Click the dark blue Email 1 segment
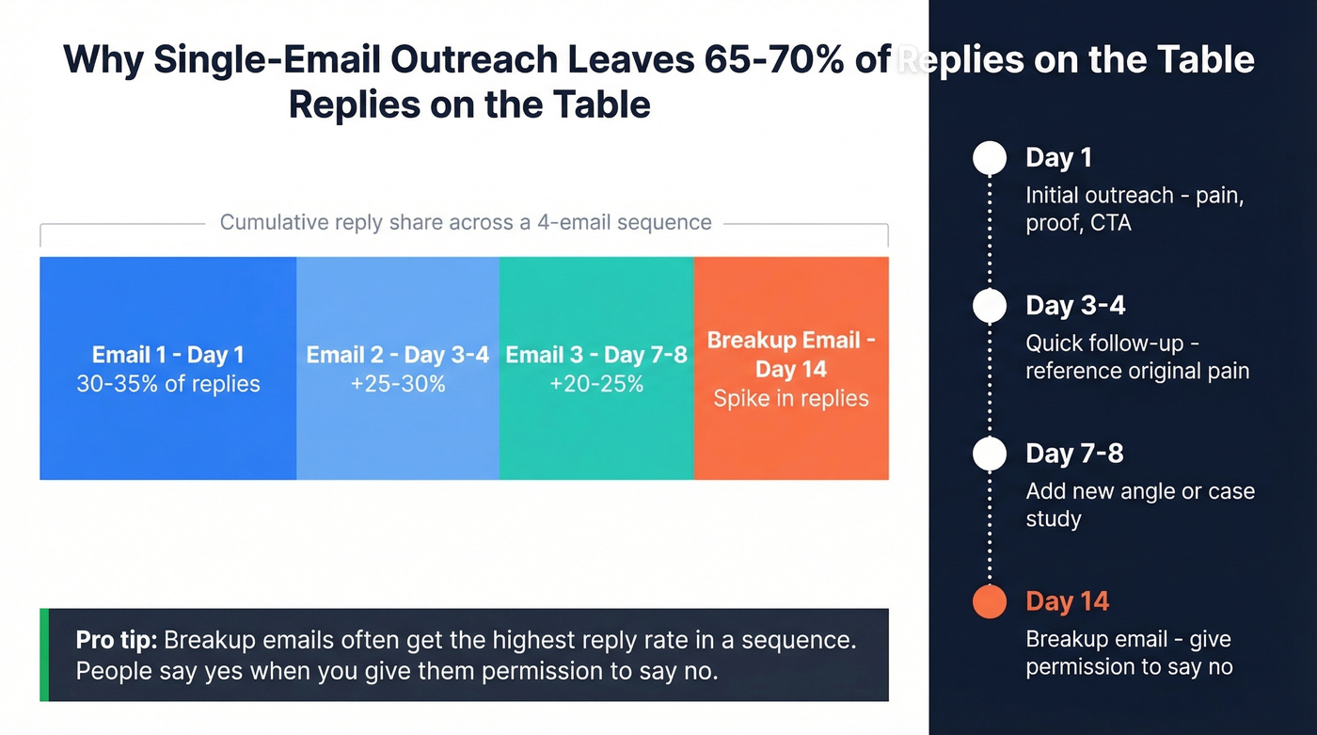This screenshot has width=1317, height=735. click(x=167, y=433)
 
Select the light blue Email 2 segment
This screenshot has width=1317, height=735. click(x=397, y=433)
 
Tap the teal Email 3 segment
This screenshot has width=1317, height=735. click(x=595, y=433)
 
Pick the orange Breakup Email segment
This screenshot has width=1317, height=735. click(x=790, y=442)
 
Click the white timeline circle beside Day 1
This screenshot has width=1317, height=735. click(x=989, y=158)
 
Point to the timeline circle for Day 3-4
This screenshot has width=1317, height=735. click(x=989, y=306)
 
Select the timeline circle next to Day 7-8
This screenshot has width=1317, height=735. click(x=989, y=454)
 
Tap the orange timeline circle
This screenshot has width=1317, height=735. click(x=989, y=601)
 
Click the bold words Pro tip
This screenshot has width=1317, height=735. click(x=117, y=641)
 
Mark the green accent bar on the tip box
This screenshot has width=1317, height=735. click(x=44, y=655)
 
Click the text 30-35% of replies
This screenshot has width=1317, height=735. click(x=167, y=384)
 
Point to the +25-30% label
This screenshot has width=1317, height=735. click(x=397, y=384)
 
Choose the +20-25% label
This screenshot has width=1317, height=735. click(x=595, y=384)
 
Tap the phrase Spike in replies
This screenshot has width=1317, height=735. click(x=790, y=399)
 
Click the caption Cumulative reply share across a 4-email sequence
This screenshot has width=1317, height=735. click(x=465, y=223)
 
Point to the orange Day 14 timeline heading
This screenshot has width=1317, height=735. click(x=1067, y=601)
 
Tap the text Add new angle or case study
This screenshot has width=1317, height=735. click(x=1139, y=504)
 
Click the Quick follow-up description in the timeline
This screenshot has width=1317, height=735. click(x=1136, y=357)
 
